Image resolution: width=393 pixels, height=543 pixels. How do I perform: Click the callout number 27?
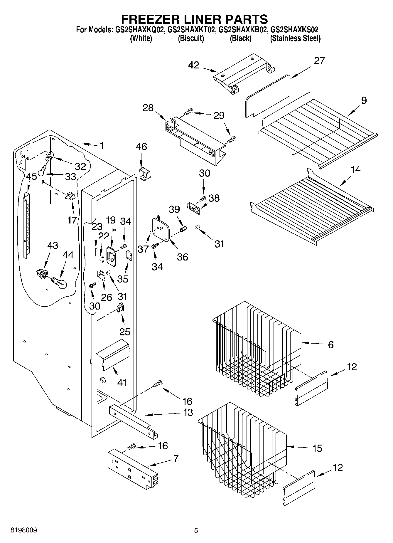[x=319, y=61]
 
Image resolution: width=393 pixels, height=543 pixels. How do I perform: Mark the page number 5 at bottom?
[x=196, y=531]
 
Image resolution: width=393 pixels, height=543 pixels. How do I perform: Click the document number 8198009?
[x=24, y=530]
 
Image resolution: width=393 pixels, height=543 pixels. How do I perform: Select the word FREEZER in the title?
[x=149, y=19]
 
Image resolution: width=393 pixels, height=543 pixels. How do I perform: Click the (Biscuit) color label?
[x=191, y=38]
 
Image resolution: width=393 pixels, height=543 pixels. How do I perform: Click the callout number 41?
[x=122, y=383]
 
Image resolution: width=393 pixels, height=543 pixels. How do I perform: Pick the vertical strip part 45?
[x=27, y=226]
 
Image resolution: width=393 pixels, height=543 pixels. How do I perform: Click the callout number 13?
[x=188, y=412]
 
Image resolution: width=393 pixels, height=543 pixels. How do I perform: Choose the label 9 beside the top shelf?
[x=364, y=100]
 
